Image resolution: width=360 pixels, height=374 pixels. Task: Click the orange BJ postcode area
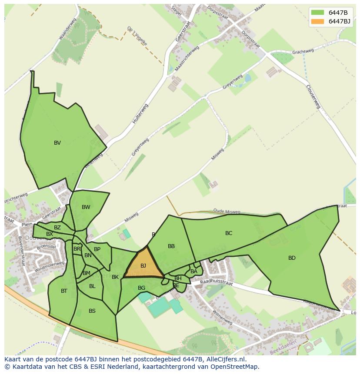(x=143, y=265)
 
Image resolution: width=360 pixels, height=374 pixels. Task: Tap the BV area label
(x=57, y=143)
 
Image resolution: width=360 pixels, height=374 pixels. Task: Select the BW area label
(x=86, y=207)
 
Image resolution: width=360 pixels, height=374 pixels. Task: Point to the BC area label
(x=229, y=233)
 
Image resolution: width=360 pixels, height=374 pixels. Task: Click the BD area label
(x=292, y=258)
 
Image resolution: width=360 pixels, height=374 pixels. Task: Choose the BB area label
(x=171, y=246)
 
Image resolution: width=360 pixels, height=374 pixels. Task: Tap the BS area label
(x=92, y=311)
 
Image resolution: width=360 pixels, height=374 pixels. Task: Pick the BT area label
(x=64, y=291)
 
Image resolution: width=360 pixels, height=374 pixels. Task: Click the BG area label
(x=141, y=288)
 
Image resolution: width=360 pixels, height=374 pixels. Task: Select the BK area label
(x=115, y=277)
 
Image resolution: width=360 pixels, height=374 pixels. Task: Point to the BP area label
(x=97, y=249)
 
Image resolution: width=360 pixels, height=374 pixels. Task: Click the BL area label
(x=92, y=286)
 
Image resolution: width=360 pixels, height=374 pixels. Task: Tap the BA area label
(x=194, y=271)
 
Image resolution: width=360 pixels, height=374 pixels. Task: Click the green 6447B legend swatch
(x=317, y=13)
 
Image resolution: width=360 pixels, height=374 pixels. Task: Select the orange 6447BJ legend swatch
(x=317, y=21)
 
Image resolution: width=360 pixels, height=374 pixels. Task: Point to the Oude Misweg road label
(x=227, y=212)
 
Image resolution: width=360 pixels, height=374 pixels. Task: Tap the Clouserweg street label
(x=313, y=96)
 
